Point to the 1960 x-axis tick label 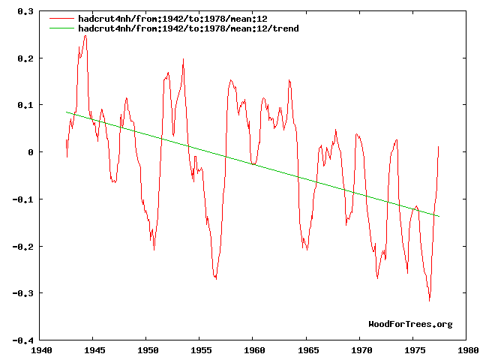[254, 349]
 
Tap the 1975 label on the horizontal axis [415, 349]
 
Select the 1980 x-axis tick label [468, 349]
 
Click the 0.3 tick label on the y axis [25, 11]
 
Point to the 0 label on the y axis [31, 152]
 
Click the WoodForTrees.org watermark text [410, 324]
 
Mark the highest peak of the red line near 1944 [85, 35]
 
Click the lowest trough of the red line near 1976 [429, 301]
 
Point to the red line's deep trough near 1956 [215, 279]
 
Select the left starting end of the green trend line [67, 112]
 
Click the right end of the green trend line [439, 217]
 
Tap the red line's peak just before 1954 [183, 59]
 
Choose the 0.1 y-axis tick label [25, 105]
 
